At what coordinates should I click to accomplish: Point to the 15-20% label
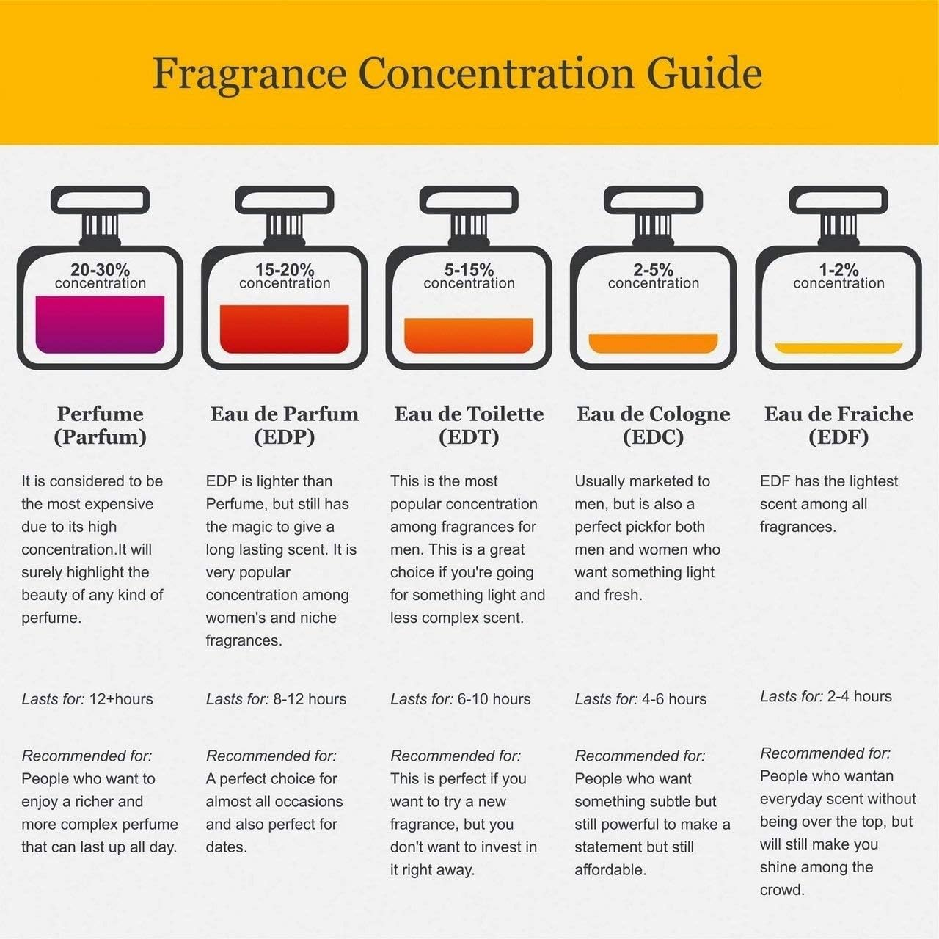coord(285,269)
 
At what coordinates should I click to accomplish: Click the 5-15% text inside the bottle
coord(469,269)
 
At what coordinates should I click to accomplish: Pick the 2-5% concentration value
coord(653,269)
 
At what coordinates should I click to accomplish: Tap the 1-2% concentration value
coord(838,269)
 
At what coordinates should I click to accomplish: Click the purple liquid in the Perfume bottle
coord(100,324)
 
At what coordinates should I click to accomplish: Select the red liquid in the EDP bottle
coord(284,329)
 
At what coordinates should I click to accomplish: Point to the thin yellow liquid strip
coord(838,348)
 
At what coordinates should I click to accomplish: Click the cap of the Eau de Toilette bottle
coord(469,200)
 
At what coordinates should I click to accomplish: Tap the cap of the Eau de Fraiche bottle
coord(838,200)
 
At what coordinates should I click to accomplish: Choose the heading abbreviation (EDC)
coord(653,437)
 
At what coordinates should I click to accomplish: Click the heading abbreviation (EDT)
coord(469,437)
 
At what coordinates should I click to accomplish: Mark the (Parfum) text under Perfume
coord(100,437)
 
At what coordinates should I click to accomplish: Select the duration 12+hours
coord(121,699)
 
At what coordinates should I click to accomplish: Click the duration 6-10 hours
coord(494,699)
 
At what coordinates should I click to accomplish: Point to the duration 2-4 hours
coord(859,696)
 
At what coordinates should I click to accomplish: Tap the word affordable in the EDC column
coord(610,870)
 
